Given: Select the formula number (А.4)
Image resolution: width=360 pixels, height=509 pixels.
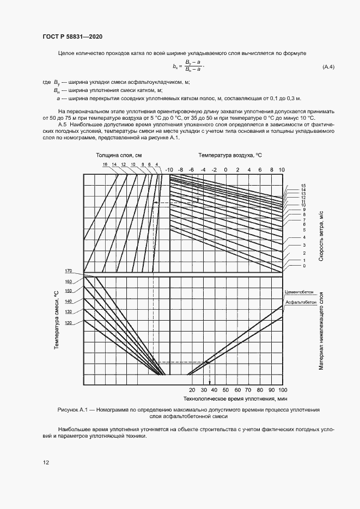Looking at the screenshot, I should [x=328, y=67].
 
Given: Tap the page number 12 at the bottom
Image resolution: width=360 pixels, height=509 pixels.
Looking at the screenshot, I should [x=46, y=462].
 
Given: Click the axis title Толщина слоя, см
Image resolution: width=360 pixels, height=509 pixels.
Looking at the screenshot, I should [x=119, y=155].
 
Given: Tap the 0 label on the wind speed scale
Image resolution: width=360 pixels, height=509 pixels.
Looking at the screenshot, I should [x=304, y=266].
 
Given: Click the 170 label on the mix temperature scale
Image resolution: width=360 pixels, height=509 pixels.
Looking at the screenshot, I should [x=68, y=271].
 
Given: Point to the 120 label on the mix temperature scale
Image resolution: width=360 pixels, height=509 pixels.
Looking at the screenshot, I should [x=68, y=323].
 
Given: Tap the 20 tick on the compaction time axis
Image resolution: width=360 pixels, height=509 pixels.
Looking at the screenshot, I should [x=192, y=391].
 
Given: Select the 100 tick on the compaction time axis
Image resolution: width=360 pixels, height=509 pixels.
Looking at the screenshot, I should [x=282, y=391].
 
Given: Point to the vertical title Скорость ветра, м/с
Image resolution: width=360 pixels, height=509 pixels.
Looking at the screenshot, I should [x=321, y=237].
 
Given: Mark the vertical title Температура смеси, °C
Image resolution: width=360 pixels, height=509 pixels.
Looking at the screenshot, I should [x=56, y=327].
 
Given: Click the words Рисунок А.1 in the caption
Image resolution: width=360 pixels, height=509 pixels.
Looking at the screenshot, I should [x=72, y=409].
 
